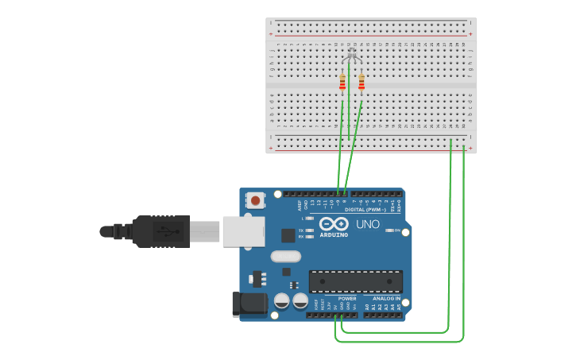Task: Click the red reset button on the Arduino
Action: tap(255, 201)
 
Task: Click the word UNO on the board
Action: tap(368, 225)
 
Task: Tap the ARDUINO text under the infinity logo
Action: tap(334, 234)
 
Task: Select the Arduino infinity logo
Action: tap(334, 223)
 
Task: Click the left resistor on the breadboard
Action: tap(342, 83)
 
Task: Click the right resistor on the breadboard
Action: tap(361, 83)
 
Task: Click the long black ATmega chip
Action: tap(355, 281)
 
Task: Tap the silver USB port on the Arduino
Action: tap(242, 231)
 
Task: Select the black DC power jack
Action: tap(248, 305)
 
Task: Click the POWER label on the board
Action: tap(347, 299)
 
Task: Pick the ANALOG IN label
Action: tap(386, 299)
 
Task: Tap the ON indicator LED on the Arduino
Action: tap(390, 230)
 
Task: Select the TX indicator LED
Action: tap(309, 230)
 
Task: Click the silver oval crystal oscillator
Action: tap(285, 257)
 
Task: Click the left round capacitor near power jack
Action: tap(281, 300)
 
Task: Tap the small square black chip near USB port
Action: tap(288, 235)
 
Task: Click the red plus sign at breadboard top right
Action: tap(470, 34)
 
